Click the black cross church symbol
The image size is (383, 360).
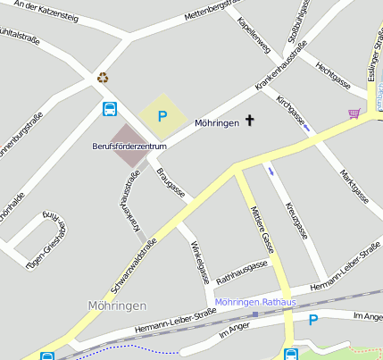coord(249,121)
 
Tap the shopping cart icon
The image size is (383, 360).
coord(354,113)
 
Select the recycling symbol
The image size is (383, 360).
coord(104,78)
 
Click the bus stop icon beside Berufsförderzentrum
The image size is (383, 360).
coord(109,110)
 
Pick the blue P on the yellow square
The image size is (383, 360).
coord(162,115)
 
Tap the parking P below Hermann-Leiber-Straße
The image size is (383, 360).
coord(313,320)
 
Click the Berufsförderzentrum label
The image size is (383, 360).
coord(129,146)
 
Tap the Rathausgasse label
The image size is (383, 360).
coord(242,268)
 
